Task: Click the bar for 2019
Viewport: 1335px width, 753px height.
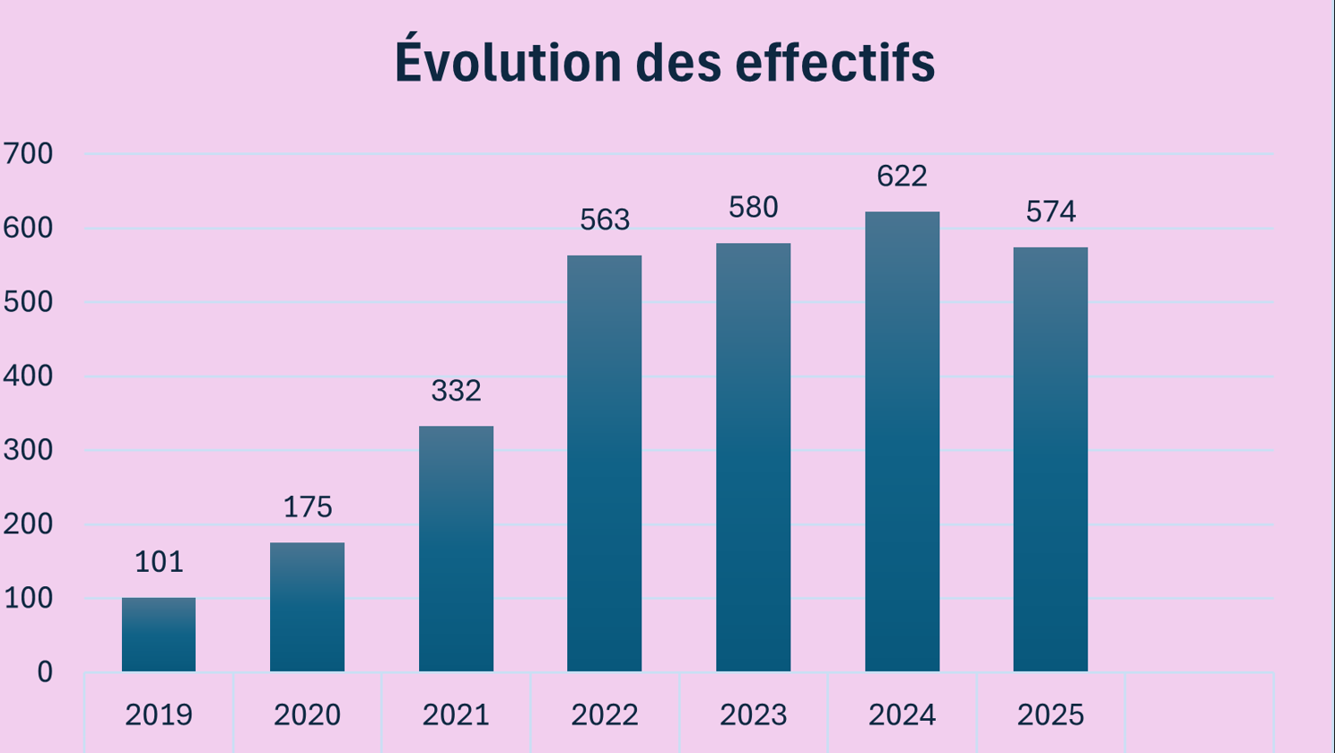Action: point(159,635)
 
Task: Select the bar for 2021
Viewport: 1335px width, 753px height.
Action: point(456,549)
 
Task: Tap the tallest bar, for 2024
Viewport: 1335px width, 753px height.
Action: point(902,441)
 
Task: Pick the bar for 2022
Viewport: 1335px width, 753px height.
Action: point(604,463)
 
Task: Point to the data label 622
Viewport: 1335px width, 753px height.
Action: point(902,177)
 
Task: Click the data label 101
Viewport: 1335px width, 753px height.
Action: point(159,562)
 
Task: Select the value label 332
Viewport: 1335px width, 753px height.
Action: point(456,391)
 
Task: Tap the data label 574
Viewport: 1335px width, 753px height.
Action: point(1051,212)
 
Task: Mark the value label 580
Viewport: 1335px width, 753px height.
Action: point(753,208)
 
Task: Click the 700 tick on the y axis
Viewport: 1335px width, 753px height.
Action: point(28,154)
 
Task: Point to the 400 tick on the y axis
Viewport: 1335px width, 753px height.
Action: point(28,376)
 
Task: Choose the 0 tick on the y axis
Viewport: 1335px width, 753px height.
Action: point(44,672)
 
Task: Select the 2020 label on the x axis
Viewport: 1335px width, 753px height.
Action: point(307,715)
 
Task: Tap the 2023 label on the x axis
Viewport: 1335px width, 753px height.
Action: point(753,715)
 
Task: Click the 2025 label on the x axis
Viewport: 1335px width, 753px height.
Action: point(1051,715)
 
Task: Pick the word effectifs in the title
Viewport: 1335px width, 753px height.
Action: point(835,63)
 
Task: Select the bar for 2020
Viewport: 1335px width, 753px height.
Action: point(307,607)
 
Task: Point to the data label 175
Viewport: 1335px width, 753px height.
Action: point(307,507)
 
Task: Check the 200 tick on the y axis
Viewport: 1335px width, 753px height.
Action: point(28,524)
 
